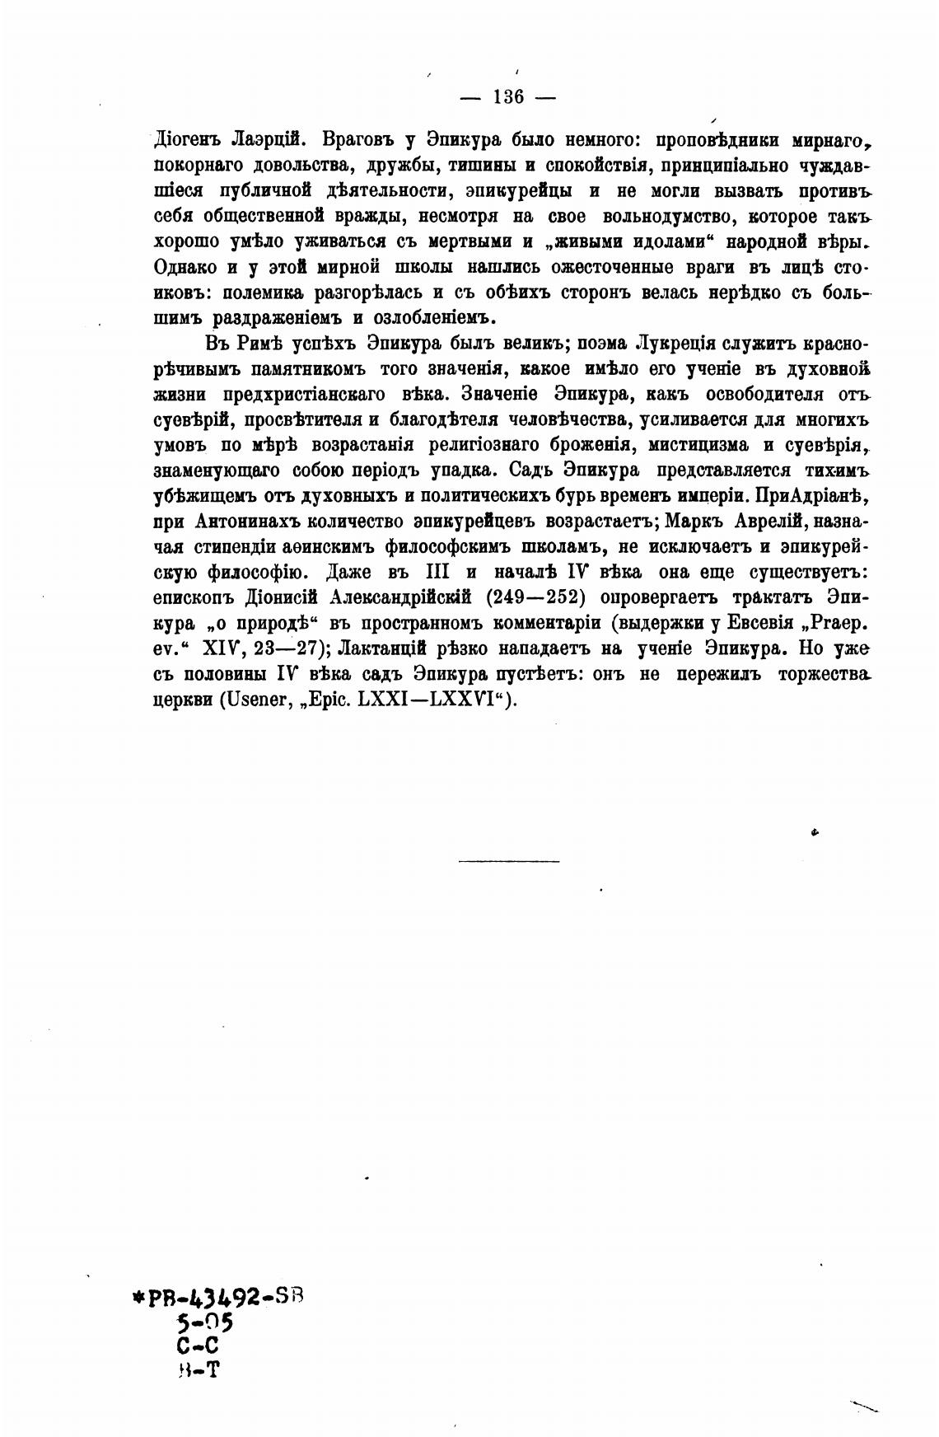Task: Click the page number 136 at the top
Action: [508, 96]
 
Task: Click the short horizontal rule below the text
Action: [508, 862]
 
